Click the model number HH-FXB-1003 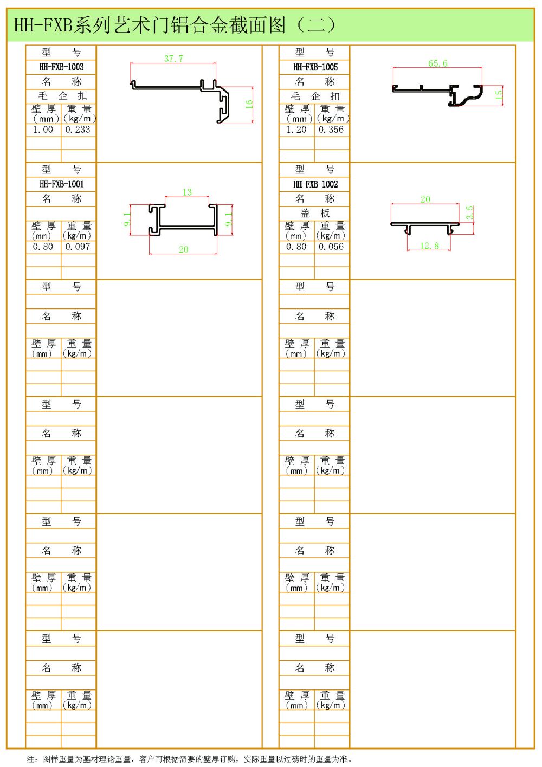61,67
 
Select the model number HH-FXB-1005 315,67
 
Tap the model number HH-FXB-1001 61,184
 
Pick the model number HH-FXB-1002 315,184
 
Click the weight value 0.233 78,130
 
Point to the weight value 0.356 331,130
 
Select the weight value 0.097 78,247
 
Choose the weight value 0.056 331,247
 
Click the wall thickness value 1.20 296,130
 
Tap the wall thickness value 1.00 43,130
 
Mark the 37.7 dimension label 173,59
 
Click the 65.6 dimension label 437,63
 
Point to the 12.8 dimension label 429,246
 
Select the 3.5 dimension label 470,212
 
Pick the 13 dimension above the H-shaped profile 187,192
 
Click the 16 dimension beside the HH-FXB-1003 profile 249,104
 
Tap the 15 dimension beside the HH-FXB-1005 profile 499,94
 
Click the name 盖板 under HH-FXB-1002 315,213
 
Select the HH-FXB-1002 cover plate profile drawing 425,226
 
